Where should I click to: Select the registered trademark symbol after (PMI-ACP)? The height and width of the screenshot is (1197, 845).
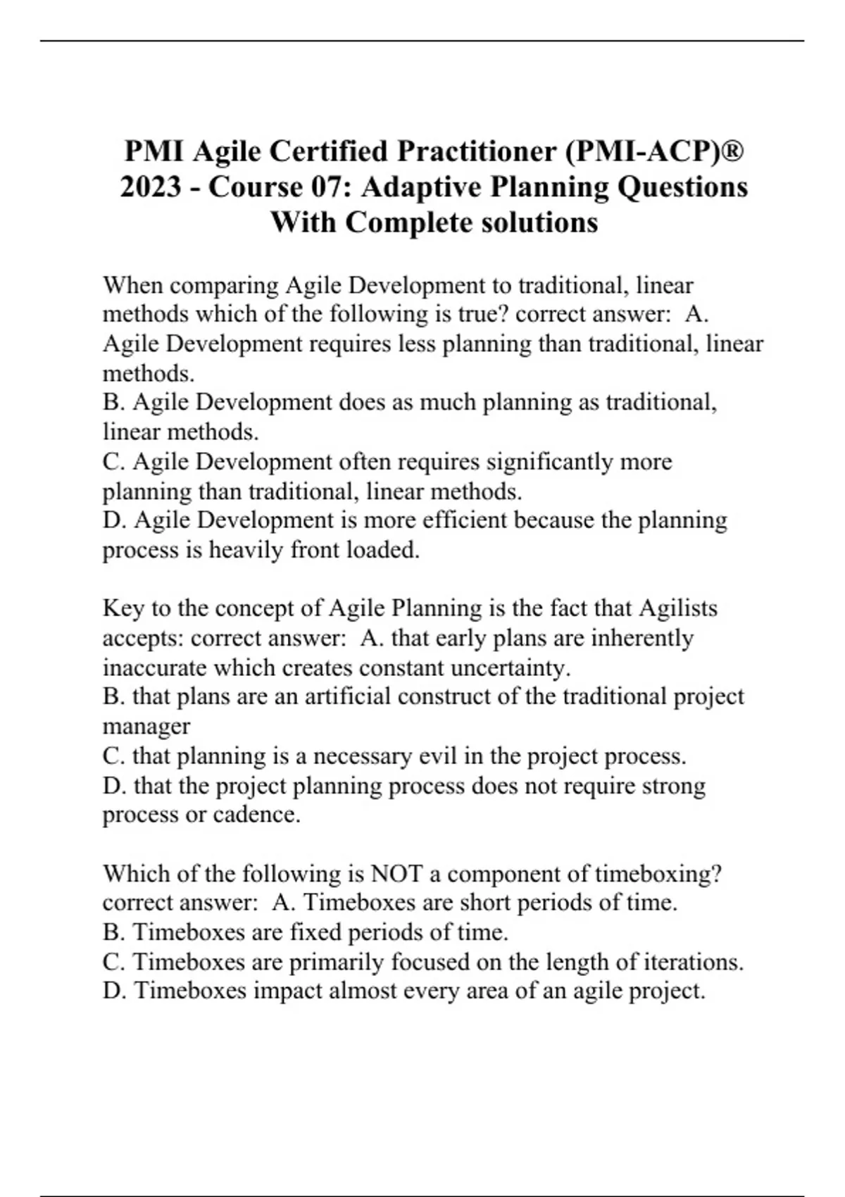pyautogui.click(x=732, y=150)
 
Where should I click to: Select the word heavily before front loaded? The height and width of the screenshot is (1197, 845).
pyautogui.click(x=247, y=550)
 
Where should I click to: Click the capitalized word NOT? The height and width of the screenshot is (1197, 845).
pyautogui.click(x=396, y=874)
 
